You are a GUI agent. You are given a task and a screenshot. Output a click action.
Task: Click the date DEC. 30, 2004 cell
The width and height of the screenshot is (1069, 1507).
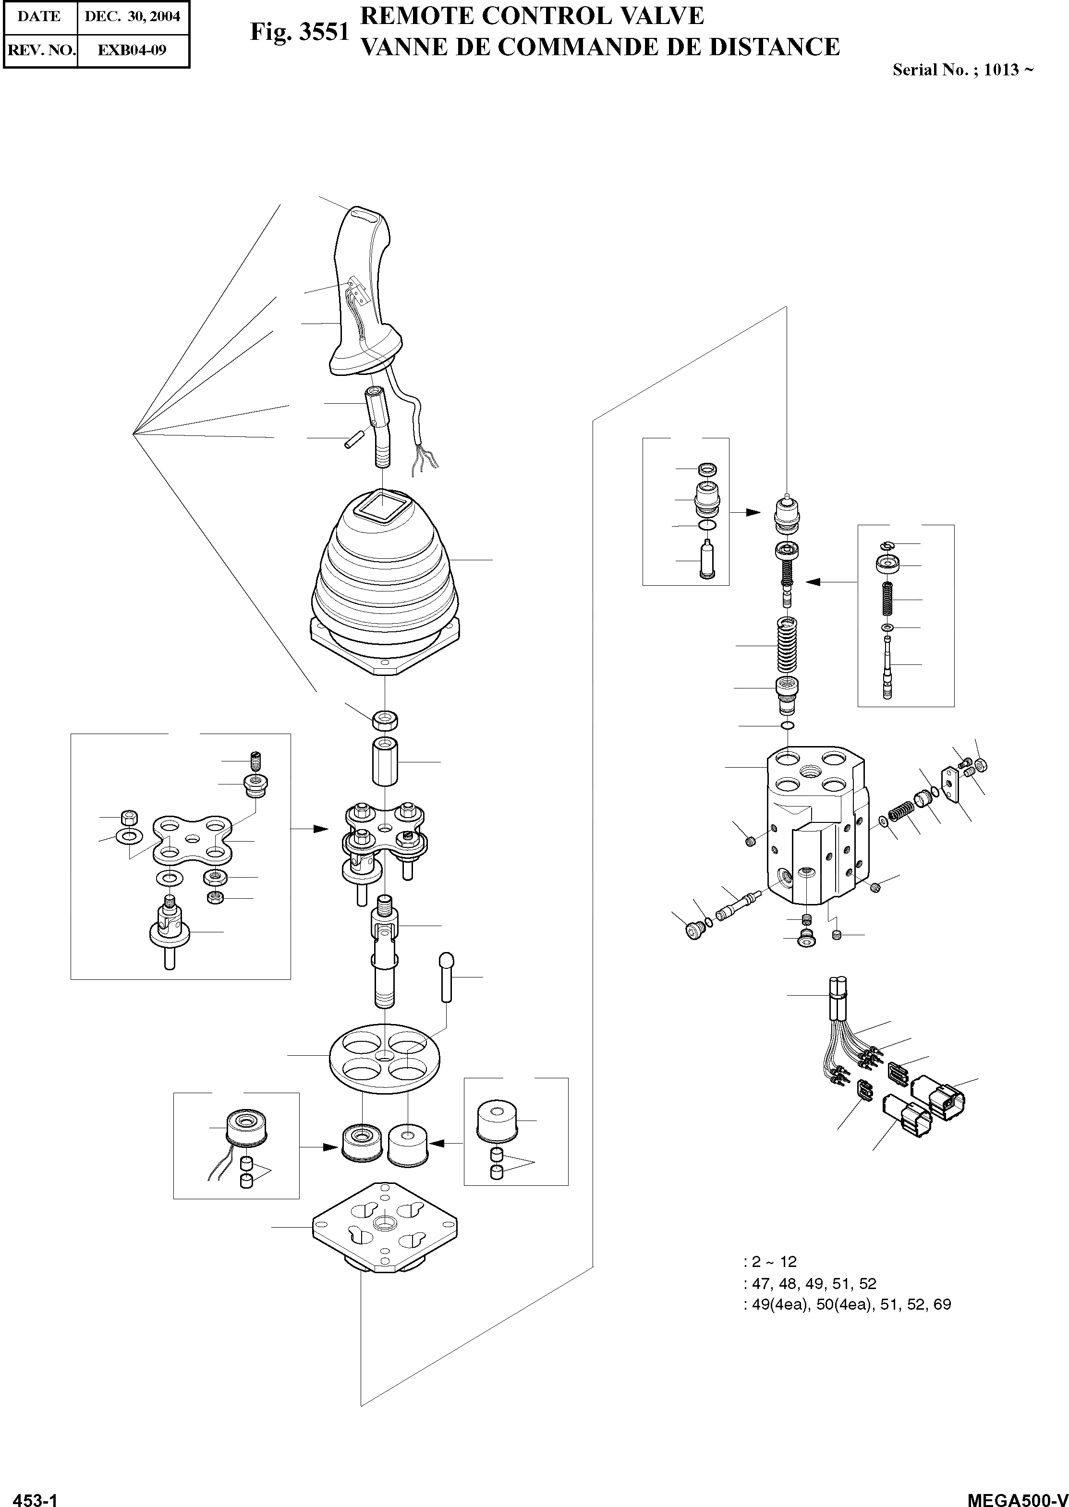coord(133,16)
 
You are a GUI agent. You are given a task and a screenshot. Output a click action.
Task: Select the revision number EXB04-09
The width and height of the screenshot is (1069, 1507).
coord(133,49)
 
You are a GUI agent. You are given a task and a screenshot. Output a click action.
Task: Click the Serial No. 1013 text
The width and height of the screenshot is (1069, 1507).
coord(962,69)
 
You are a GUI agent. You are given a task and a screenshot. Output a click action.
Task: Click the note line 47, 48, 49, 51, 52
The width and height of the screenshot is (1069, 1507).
coord(810,1283)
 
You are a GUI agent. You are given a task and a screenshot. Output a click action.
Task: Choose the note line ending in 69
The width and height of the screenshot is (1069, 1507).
coord(847,1304)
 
